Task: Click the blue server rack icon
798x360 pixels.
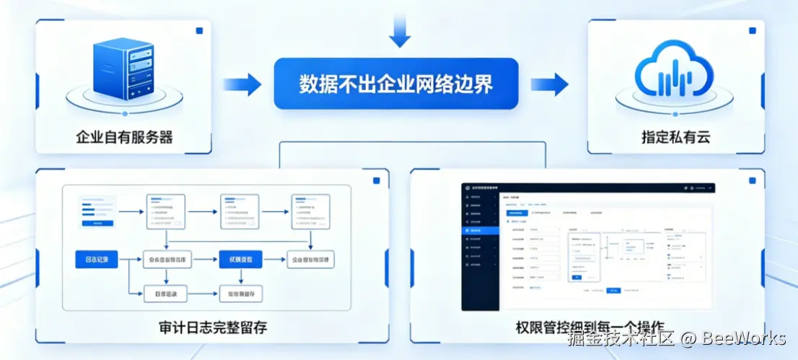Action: tap(123, 70)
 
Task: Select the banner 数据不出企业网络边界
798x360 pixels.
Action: tap(396, 84)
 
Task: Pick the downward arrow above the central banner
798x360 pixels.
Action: tap(399, 30)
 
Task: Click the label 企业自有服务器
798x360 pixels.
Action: tap(124, 137)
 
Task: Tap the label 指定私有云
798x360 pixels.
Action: tap(675, 137)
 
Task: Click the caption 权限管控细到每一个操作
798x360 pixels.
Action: tap(589, 326)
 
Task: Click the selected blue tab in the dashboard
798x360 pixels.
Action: tap(516, 214)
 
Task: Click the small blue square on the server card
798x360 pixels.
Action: tap(198, 31)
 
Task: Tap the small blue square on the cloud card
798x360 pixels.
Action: tap(753, 31)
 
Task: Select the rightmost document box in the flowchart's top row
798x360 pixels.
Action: tap(310, 211)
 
